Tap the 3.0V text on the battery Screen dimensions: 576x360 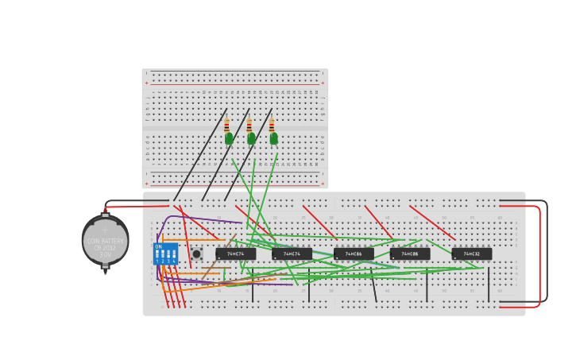[105, 254]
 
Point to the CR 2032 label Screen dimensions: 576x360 [105, 248]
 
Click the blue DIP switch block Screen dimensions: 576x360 [165, 254]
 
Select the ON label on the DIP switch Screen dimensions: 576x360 [159, 246]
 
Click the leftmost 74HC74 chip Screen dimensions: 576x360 [236, 254]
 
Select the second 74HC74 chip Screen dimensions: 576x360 [292, 254]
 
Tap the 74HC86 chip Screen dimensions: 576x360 [354, 254]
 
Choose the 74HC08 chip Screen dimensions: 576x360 [410, 254]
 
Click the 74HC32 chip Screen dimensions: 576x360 [472, 254]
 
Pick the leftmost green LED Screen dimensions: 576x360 [229, 138]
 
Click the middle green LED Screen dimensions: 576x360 [251, 138]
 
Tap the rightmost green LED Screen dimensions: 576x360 [273, 138]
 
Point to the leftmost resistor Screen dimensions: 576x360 [226, 125]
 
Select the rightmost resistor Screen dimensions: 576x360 [272, 125]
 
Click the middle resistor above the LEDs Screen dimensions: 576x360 [249, 125]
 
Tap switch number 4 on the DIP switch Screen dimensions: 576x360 [174, 255]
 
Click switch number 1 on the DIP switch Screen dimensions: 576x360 [157, 255]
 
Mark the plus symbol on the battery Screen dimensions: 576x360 [104, 230]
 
